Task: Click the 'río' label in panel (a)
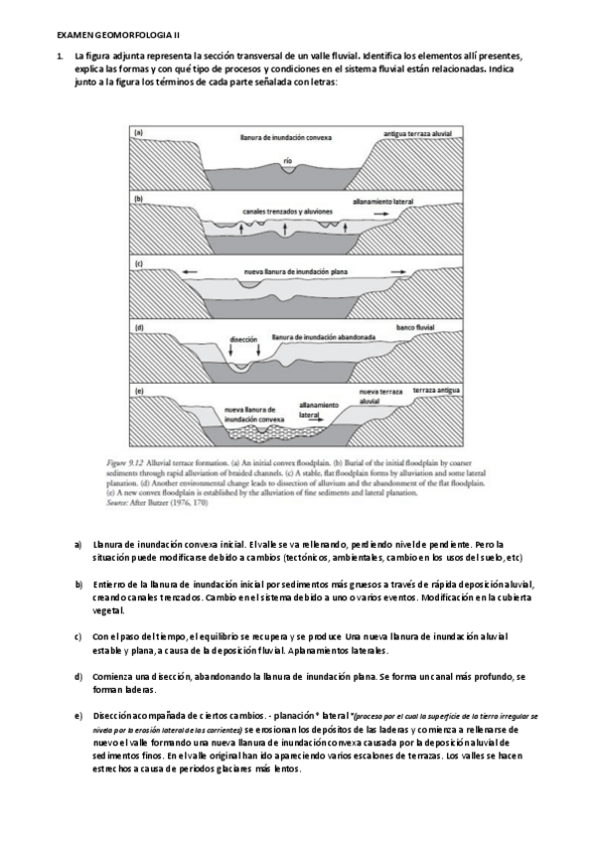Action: click(x=287, y=159)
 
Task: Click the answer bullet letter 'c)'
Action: click(x=78, y=635)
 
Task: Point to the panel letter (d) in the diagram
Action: click(x=140, y=326)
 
